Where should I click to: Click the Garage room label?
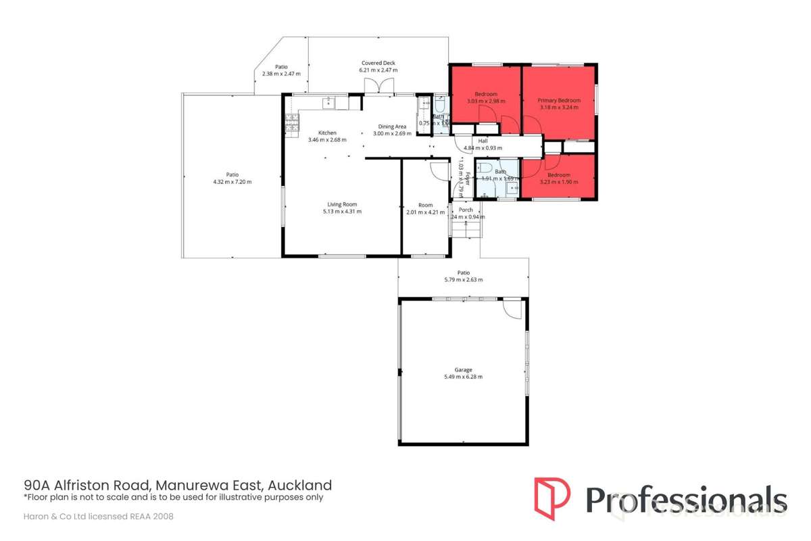[463, 370]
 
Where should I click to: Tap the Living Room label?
[342, 204]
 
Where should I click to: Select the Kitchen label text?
[327, 133]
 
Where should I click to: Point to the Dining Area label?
[392, 126]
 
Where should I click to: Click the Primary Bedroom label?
[559, 101]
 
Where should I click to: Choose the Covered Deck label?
[378, 63]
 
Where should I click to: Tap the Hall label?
[483, 141]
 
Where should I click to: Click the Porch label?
[466, 210]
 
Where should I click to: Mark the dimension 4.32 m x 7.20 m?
[232, 182]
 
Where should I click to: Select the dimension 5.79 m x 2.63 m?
[463, 279]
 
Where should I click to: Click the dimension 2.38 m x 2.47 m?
[281, 74]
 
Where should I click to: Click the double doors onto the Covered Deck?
[378, 86]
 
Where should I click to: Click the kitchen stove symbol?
[292, 123]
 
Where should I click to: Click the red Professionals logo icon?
[552, 499]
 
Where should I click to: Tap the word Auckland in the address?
[300, 485]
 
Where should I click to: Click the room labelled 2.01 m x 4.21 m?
[425, 208]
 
